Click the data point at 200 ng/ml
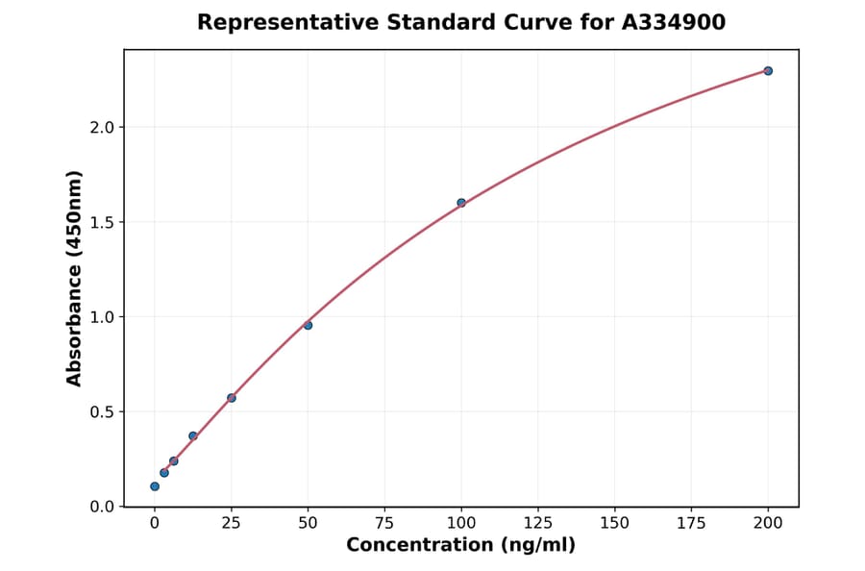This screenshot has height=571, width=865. tap(768, 71)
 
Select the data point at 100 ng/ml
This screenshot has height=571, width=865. tap(461, 203)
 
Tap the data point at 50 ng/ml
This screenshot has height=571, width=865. tap(308, 325)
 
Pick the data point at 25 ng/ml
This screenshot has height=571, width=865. tap(232, 398)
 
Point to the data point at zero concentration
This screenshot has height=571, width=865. tap(155, 486)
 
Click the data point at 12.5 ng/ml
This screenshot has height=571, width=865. tap(193, 436)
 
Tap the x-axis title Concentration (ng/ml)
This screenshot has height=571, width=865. tap(460, 546)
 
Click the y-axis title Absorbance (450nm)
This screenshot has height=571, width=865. tap(75, 278)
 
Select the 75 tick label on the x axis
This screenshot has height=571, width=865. tap(384, 524)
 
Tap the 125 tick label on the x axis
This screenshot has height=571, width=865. tap(538, 524)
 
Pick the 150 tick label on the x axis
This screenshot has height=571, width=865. tap(614, 524)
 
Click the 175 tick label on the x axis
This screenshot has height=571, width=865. tap(691, 524)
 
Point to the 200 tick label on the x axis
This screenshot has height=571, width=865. tap(768, 524)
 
